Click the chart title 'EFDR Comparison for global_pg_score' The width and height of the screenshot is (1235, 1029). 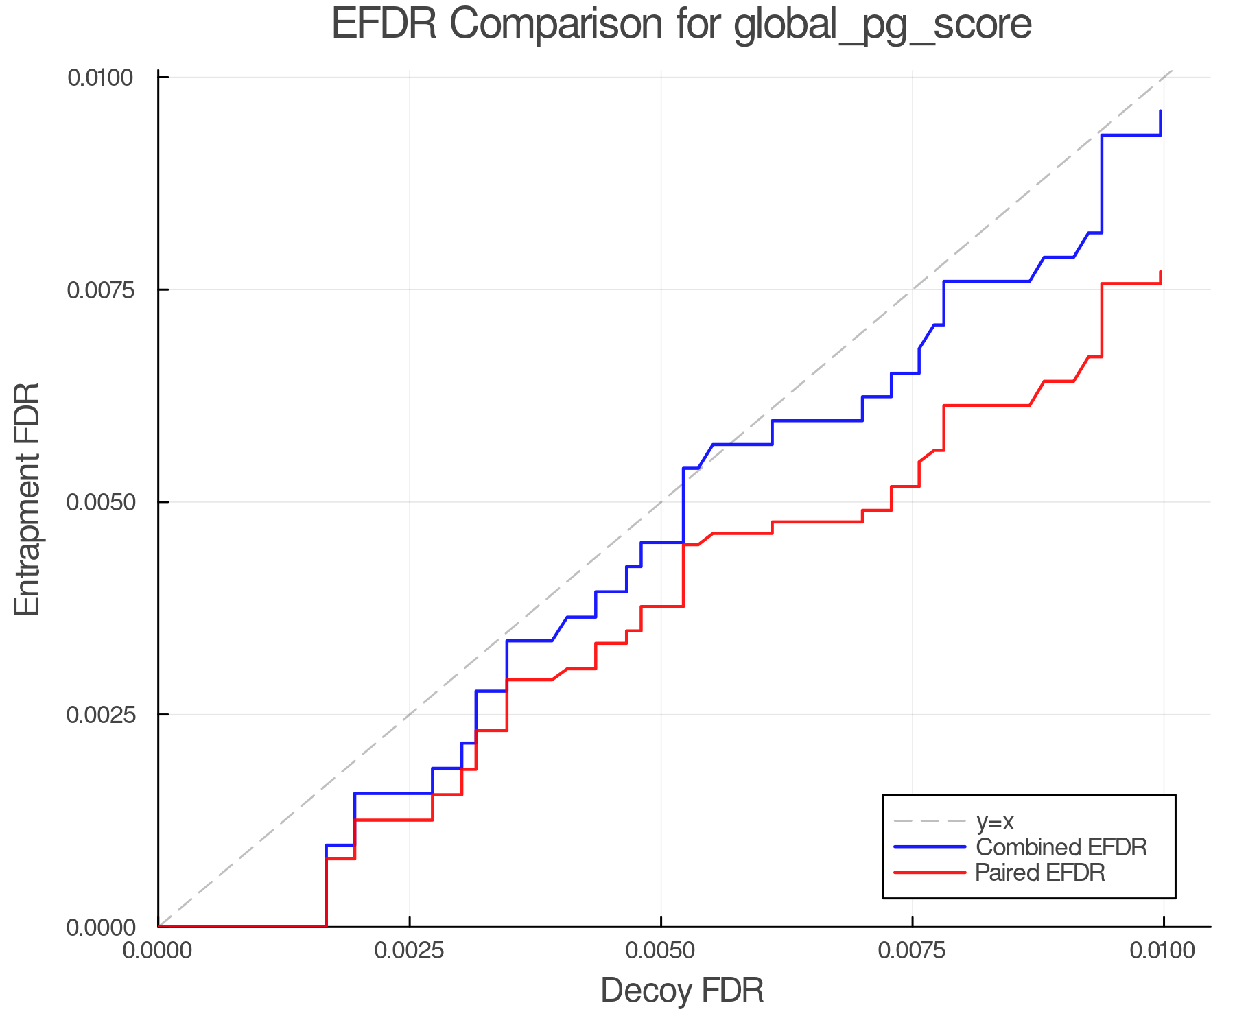681,25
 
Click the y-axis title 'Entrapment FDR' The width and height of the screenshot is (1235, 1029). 28,499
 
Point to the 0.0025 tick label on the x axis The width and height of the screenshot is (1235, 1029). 410,951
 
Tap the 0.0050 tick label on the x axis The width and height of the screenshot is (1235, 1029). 661,951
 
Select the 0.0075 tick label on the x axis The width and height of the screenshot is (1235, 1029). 912,951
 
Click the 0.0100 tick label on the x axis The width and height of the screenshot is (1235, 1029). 1163,951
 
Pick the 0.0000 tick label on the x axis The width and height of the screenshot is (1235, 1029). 158,951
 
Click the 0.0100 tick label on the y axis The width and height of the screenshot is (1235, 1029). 100,78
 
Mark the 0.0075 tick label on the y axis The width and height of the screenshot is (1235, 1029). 100,289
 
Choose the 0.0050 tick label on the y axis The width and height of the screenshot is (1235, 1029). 100,502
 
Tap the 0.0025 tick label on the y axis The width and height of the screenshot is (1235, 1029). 100,715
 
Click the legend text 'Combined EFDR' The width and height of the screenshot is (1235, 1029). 1061,847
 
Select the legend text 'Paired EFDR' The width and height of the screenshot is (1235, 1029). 1040,873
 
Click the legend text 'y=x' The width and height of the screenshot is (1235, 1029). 995,821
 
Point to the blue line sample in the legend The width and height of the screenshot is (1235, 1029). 930,847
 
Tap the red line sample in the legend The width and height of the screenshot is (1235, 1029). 930,873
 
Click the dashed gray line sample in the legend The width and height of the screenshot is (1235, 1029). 930,821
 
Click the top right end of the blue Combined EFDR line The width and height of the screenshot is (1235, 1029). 1160,111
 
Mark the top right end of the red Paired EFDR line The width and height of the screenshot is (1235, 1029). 1160,272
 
